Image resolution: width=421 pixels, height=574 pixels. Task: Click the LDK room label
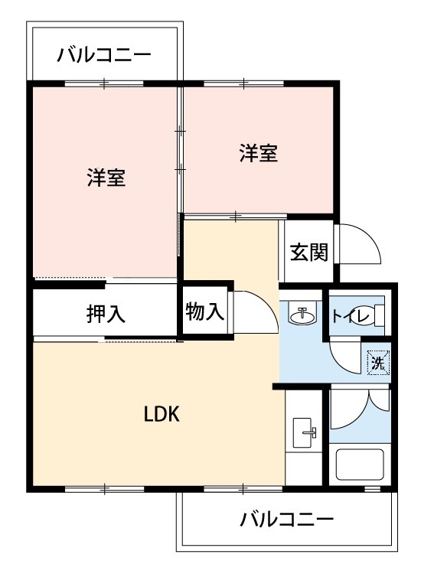pos(162,414)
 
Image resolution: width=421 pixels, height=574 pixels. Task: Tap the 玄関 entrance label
pos(308,252)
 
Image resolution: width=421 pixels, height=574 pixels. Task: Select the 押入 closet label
pos(106,313)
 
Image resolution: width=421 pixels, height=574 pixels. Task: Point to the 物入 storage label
pos(204,312)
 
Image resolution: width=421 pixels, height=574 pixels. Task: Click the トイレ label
pos(351,316)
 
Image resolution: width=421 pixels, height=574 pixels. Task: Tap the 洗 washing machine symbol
pos(378,363)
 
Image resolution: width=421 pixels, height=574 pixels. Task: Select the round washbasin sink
pos(302,314)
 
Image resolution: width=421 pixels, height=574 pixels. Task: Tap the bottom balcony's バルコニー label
pos(286,520)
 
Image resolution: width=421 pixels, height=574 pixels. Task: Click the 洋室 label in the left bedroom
pos(106,178)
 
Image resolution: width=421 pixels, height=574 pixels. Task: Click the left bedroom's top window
pos(104,84)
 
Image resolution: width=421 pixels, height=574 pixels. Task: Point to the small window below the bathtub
pos(372,489)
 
